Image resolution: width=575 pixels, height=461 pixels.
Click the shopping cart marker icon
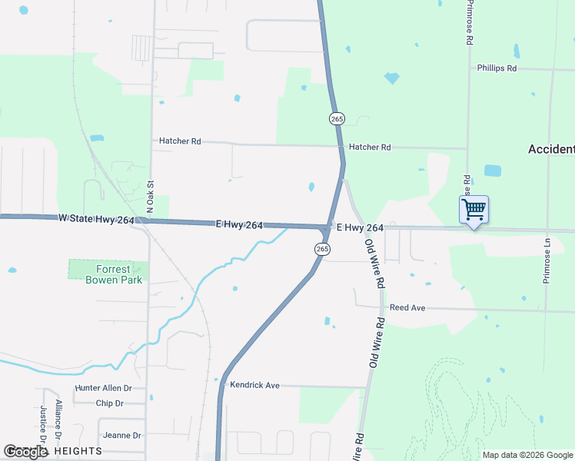[474, 209]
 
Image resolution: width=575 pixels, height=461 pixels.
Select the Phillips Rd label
[497, 68]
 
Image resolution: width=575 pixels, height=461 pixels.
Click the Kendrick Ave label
[254, 385]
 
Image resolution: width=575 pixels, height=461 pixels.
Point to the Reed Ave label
[407, 307]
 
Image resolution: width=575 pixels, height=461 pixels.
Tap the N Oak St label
[151, 197]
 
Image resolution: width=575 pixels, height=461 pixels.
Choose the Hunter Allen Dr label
[104, 389]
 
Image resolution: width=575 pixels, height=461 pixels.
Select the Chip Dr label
[110, 403]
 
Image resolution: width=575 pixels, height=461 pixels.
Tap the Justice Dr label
[44, 425]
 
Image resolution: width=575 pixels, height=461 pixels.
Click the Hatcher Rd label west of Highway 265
[180, 141]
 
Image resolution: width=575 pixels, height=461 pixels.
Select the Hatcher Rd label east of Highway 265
[370, 147]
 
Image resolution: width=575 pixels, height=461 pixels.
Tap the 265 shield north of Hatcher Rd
[337, 118]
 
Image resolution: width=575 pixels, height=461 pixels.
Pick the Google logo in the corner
[25, 452]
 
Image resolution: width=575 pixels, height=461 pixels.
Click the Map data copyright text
[527, 455]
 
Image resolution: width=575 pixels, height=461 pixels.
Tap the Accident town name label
[551, 149]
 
